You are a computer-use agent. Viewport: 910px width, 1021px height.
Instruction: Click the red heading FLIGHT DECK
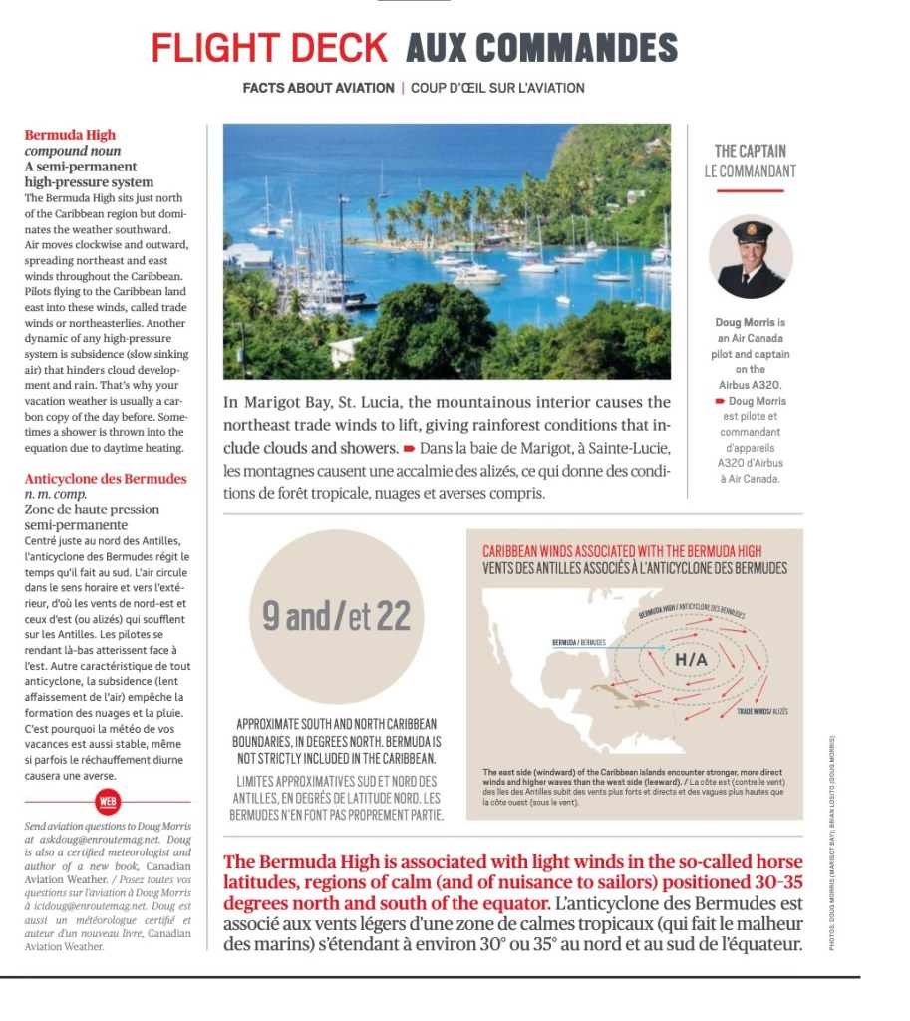[x=268, y=47]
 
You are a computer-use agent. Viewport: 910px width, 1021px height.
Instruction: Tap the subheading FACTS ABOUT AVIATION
[x=318, y=88]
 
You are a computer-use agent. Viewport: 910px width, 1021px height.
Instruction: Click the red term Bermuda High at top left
[x=70, y=135]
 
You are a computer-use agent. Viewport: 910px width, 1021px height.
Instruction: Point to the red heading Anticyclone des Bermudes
[x=106, y=479]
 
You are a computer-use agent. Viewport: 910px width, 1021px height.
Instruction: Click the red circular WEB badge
[x=107, y=801]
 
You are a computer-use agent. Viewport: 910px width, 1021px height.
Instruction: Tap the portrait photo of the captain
[x=750, y=257]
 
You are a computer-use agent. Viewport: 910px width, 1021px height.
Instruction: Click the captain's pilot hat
[x=751, y=231]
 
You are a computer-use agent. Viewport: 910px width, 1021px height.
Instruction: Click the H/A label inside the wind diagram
[x=691, y=660]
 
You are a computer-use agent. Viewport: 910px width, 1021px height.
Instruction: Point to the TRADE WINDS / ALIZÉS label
[x=762, y=711]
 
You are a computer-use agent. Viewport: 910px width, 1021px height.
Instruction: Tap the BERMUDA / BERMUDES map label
[x=578, y=643]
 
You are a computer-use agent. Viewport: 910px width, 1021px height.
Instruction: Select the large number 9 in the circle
[x=271, y=616]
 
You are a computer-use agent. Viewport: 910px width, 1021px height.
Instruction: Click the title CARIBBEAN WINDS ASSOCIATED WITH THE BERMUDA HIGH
[x=622, y=550]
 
